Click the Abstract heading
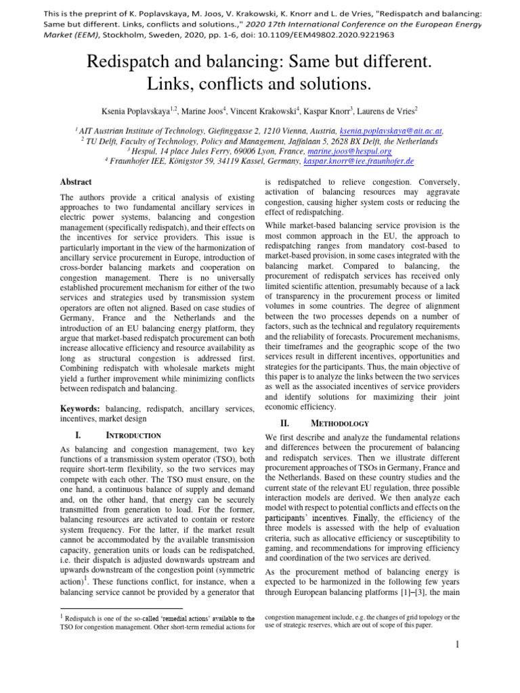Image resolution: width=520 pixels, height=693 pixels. [77, 182]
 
